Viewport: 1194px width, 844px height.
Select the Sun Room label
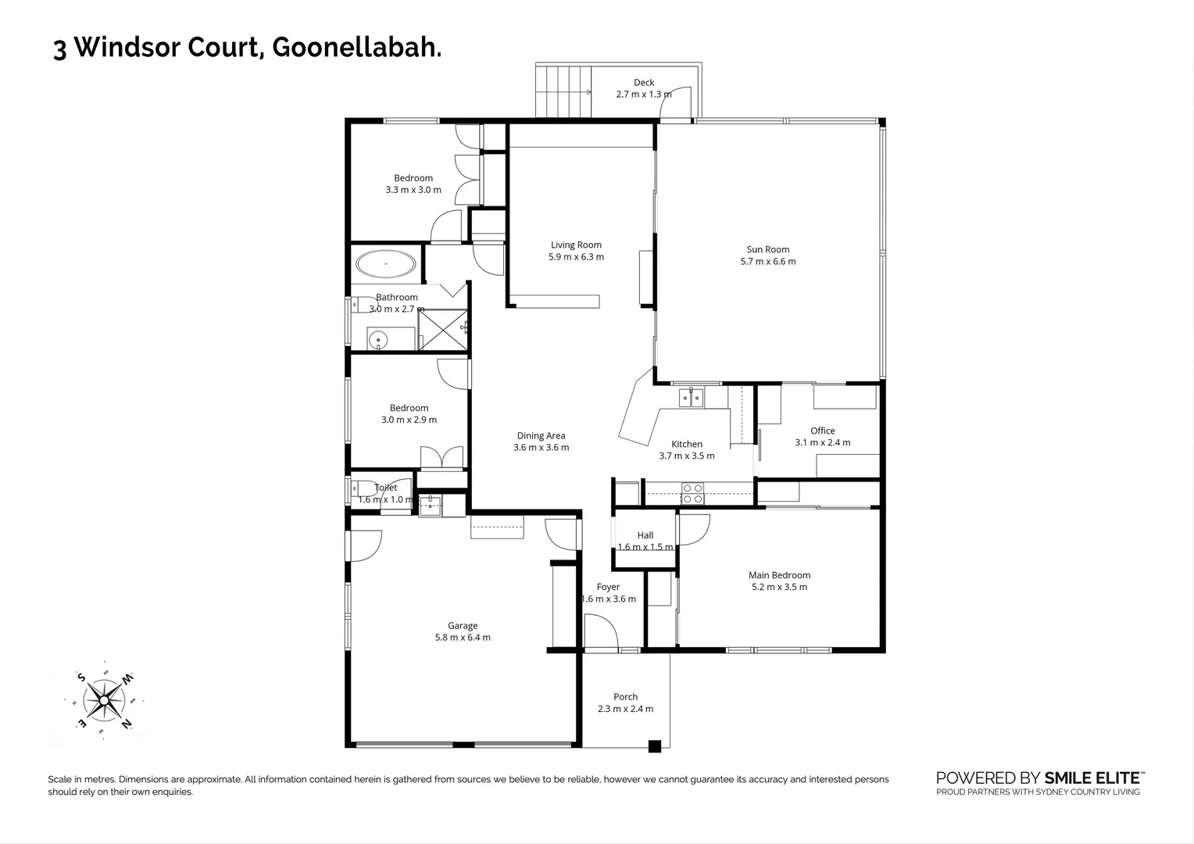pyautogui.click(x=767, y=249)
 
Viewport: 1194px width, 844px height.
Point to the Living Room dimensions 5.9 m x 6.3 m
pyautogui.click(x=577, y=256)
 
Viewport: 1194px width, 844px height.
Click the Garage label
pyautogui.click(x=463, y=625)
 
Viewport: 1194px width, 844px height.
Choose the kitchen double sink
pyautogui.click(x=692, y=398)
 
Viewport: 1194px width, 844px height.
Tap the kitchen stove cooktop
pyautogui.click(x=692, y=493)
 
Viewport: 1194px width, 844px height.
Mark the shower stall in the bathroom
pyautogui.click(x=443, y=329)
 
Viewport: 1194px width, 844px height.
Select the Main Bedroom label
pyautogui.click(x=779, y=575)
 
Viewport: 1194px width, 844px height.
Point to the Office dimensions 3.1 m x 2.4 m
pyautogui.click(x=823, y=442)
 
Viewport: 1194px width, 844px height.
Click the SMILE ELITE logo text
pyautogui.click(x=1093, y=778)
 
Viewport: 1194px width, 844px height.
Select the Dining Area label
pyautogui.click(x=541, y=436)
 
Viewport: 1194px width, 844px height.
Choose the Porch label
pyautogui.click(x=625, y=697)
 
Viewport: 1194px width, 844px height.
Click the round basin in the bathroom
pyautogui.click(x=378, y=340)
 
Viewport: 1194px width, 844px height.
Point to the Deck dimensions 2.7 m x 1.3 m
pyautogui.click(x=644, y=94)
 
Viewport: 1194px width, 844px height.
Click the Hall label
pyautogui.click(x=645, y=535)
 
